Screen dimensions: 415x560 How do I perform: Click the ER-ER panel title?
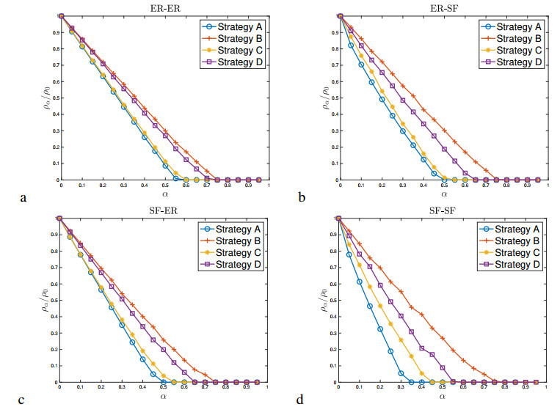(x=164, y=7)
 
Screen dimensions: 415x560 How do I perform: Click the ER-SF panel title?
(x=443, y=7)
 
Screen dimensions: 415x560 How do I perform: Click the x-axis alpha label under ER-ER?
(x=164, y=194)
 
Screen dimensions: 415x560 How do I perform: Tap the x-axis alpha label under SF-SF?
(x=443, y=397)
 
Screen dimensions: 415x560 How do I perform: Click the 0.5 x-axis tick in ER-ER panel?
(x=165, y=186)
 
